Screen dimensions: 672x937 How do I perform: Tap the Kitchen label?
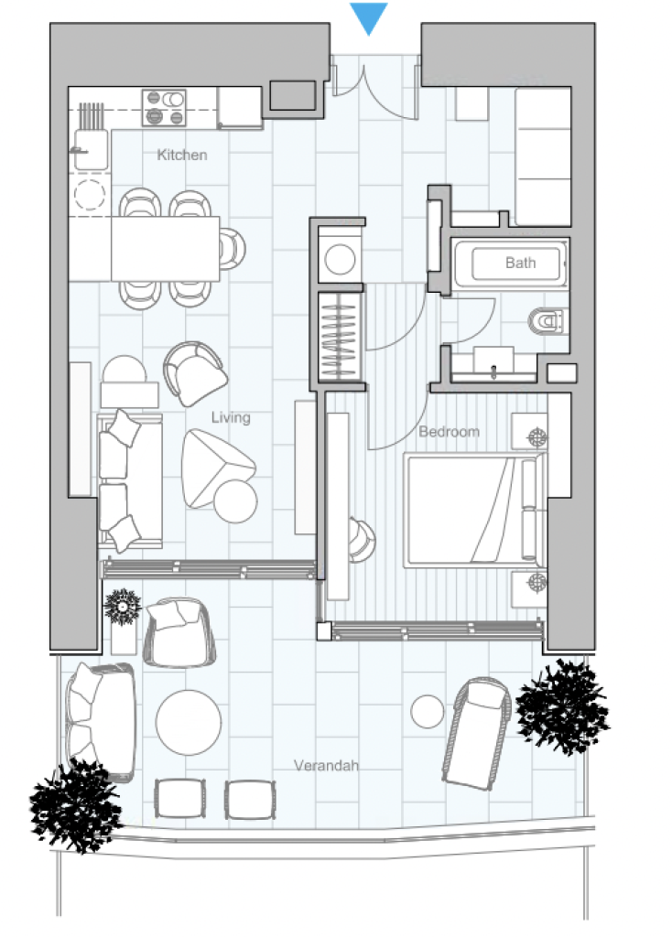(182, 155)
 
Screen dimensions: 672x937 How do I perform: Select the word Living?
(231, 417)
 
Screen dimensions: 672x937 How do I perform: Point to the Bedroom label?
(449, 432)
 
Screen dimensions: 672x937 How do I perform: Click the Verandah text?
(327, 765)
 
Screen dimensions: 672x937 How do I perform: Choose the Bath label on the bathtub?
(520, 263)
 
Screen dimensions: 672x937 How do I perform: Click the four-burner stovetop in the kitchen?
(165, 108)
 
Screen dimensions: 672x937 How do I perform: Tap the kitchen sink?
(91, 149)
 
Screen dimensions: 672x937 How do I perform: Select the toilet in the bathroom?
(547, 321)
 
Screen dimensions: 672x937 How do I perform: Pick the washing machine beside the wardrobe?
(341, 260)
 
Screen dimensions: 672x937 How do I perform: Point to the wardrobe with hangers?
(340, 338)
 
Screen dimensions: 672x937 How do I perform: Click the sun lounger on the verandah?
(476, 733)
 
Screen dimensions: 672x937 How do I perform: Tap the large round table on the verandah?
(189, 722)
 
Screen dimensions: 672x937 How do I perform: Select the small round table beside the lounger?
(428, 711)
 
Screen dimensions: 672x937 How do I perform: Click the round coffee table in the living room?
(235, 501)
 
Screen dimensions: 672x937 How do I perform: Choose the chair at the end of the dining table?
(232, 249)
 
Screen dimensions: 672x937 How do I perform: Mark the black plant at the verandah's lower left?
(75, 805)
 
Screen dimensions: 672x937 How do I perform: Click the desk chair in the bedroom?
(361, 541)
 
